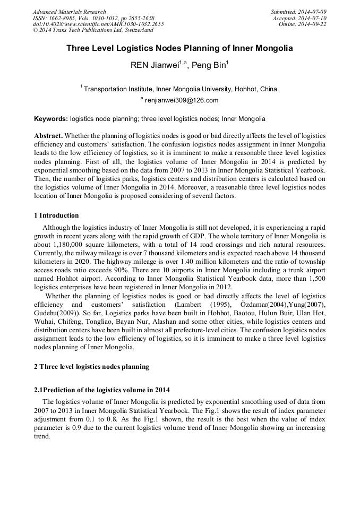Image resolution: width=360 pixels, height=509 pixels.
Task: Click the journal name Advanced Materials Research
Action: pyautogui.click(x=69, y=12)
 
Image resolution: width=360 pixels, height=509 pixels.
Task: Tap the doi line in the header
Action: pyautogui.click(x=98, y=24)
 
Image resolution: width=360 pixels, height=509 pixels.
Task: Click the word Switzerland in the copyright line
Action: pyautogui.click(x=135, y=30)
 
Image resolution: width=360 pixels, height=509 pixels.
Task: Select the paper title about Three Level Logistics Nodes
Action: pyautogui.click(x=179, y=48)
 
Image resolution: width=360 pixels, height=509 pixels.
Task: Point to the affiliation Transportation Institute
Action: pyautogui.click(x=118, y=89)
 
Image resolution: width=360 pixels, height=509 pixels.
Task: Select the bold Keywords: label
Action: pyautogui.click(x=51, y=119)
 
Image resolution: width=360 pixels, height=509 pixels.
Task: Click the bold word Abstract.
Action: pyautogui.click(x=48, y=136)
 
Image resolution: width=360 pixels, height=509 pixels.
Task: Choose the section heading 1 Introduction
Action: pyautogui.click(x=56, y=215)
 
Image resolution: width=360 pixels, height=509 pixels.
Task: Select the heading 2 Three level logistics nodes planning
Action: pyautogui.click(x=91, y=367)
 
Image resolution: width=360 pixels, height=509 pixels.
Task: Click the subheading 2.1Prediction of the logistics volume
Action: pyautogui.click(x=101, y=390)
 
